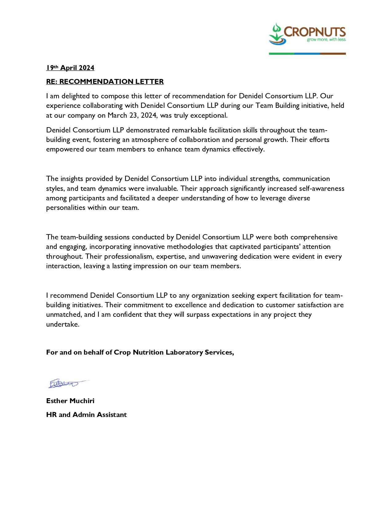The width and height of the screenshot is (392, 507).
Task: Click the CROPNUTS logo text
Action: pos(315,32)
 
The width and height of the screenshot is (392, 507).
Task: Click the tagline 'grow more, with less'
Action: pos(326,40)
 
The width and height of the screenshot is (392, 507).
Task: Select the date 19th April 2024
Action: pos(70,68)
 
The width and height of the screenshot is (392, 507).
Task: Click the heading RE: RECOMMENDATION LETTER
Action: pos(105,82)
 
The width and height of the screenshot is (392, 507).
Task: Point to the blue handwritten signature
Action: pos(66,383)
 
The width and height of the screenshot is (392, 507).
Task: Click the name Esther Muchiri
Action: pos(70,401)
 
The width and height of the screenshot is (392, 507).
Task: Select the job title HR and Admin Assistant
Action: pos(86,415)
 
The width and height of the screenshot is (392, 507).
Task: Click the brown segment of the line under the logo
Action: pos(333,54)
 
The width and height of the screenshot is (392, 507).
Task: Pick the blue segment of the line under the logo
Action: pos(307,54)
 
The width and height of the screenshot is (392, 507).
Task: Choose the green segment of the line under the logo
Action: pos(281,54)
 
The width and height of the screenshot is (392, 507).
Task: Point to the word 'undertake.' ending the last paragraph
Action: pos(63,324)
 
